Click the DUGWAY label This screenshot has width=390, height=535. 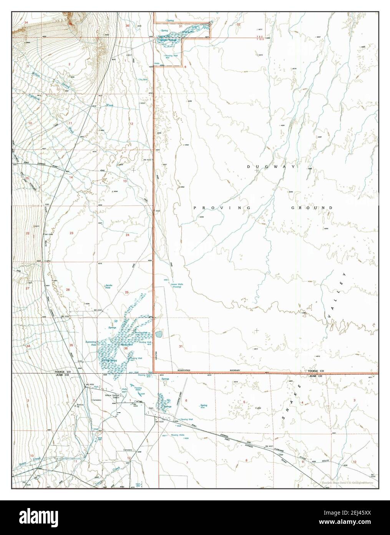pos(271,167)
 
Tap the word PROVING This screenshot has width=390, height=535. pos(222,208)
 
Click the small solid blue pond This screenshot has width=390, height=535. pos(158,333)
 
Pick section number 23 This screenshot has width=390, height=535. pos(71,233)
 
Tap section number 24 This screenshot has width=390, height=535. pos(128,234)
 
